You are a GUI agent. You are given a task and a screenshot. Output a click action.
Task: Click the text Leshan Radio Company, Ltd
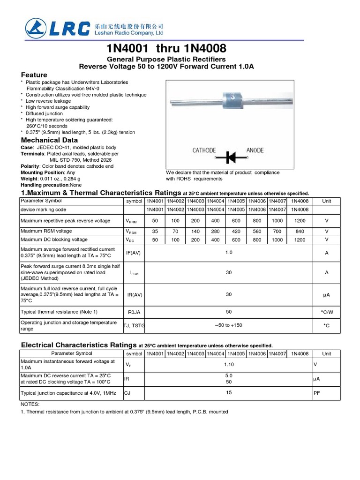pyautogui.click(x=136, y=34)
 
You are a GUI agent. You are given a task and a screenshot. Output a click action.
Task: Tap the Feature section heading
pyautogui.click(x=34, y=75)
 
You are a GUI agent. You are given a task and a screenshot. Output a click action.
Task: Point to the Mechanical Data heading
pyautogui.click(x=50, y=140)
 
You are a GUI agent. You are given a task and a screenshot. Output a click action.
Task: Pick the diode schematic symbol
pyautogui.click(x=231, y=157)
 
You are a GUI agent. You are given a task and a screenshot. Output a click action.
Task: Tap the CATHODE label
pyautogui.click(x=204, y=150)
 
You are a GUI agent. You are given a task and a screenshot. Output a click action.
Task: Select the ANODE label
pyautogui.click(x=255, y=150)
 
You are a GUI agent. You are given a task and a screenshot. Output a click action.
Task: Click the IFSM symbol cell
pyautogui.click(x=134, y=272)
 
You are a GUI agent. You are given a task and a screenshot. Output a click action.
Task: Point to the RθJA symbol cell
pyautogui.click(x=134, y=311)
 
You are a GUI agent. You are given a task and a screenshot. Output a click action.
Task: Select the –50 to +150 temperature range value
pyautogui.click(x=229, y=325)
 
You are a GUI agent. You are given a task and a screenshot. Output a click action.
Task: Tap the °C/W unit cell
pyautogui.click(x=326, y=311)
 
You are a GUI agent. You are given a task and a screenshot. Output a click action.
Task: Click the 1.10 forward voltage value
pyautogui.click(x=229, y=364)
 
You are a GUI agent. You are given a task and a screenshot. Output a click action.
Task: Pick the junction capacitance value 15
pyautogui.click(x=229, y=393)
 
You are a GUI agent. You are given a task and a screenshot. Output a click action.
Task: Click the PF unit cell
pyautogui.click(x=316, y=393)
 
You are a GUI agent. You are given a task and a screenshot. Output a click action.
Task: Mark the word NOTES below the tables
pyautogui.click(x=30, y=404)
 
